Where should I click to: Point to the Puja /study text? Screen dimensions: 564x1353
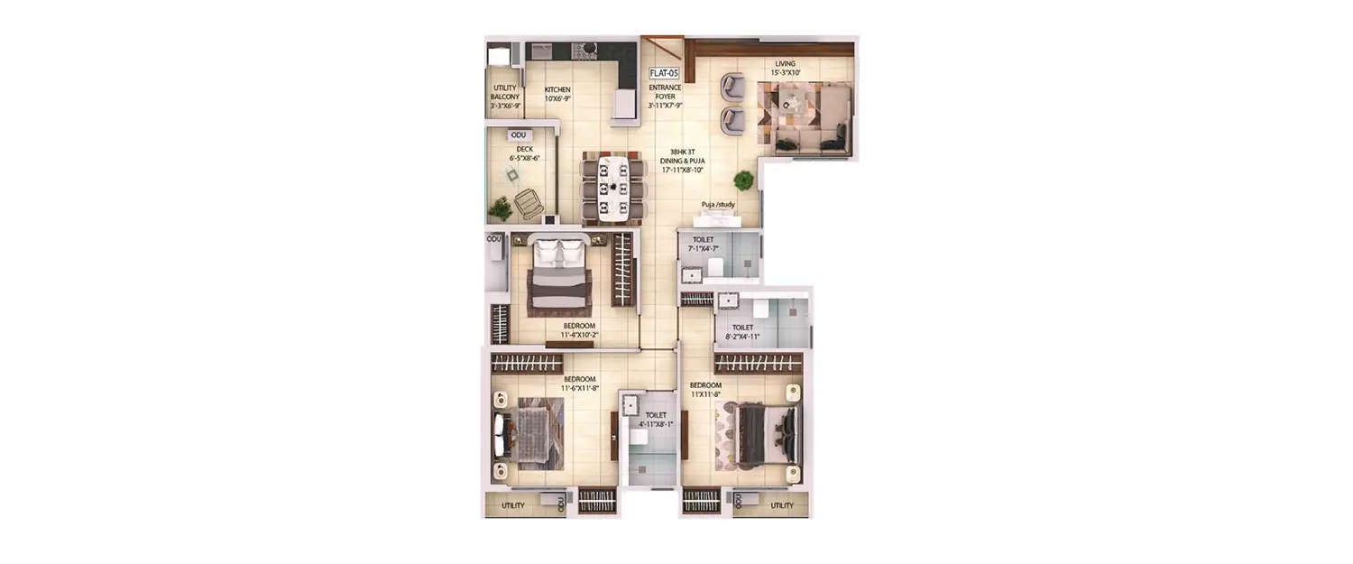[x=718, y=205]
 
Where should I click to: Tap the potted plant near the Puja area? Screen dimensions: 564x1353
[x=743, y=180]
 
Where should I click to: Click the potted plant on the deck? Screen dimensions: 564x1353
[x=499, y=209]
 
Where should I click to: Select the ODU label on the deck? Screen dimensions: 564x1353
[x=518, y=135]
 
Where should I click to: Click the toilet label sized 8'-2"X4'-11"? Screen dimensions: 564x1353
[x=743, y=333]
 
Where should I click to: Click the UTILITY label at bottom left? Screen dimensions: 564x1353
[x=513, y=505]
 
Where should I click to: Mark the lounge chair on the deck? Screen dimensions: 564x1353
[x=525, y=206]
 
